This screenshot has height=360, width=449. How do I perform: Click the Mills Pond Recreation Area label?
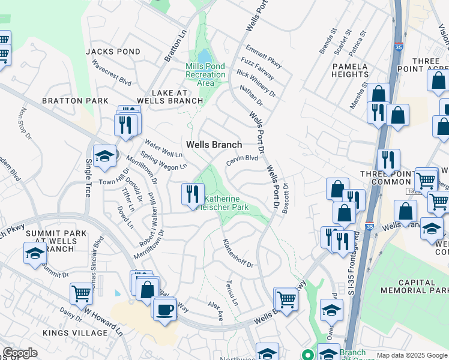pos(205,74)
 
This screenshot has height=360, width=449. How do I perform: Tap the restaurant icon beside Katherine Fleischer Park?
pos(192,194)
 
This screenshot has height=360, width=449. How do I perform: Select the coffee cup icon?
pos(164,310)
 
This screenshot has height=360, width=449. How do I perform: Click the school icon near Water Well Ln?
pos(104,157)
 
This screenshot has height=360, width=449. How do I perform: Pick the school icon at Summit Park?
pos(35,253)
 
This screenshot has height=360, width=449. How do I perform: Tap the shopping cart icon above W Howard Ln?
pos(81,294)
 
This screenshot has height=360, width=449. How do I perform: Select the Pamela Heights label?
pos(349,70)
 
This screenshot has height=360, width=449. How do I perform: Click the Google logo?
pos(20,353)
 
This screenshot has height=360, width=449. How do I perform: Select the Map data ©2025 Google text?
pos(412,355)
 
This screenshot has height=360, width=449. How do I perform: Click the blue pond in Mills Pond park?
pos(203,56)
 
